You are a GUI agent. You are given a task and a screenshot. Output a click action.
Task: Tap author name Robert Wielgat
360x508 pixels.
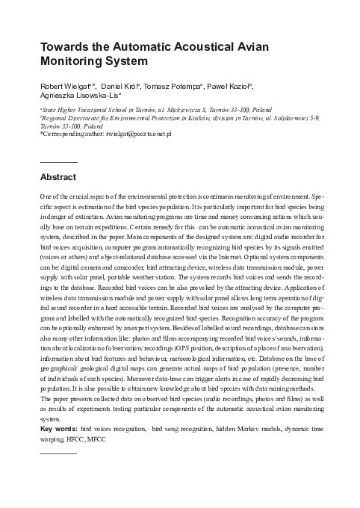pyautogui.click(x=63, y=86)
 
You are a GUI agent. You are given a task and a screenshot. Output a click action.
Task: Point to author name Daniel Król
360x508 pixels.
pyautogui.click(x=125, y=86)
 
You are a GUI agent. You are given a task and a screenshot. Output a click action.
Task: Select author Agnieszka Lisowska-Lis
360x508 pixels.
pyautogui.click(x=75, y=96)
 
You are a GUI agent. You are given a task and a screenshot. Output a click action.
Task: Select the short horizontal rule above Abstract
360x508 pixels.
pyautogui.click(x=58, y=161)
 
